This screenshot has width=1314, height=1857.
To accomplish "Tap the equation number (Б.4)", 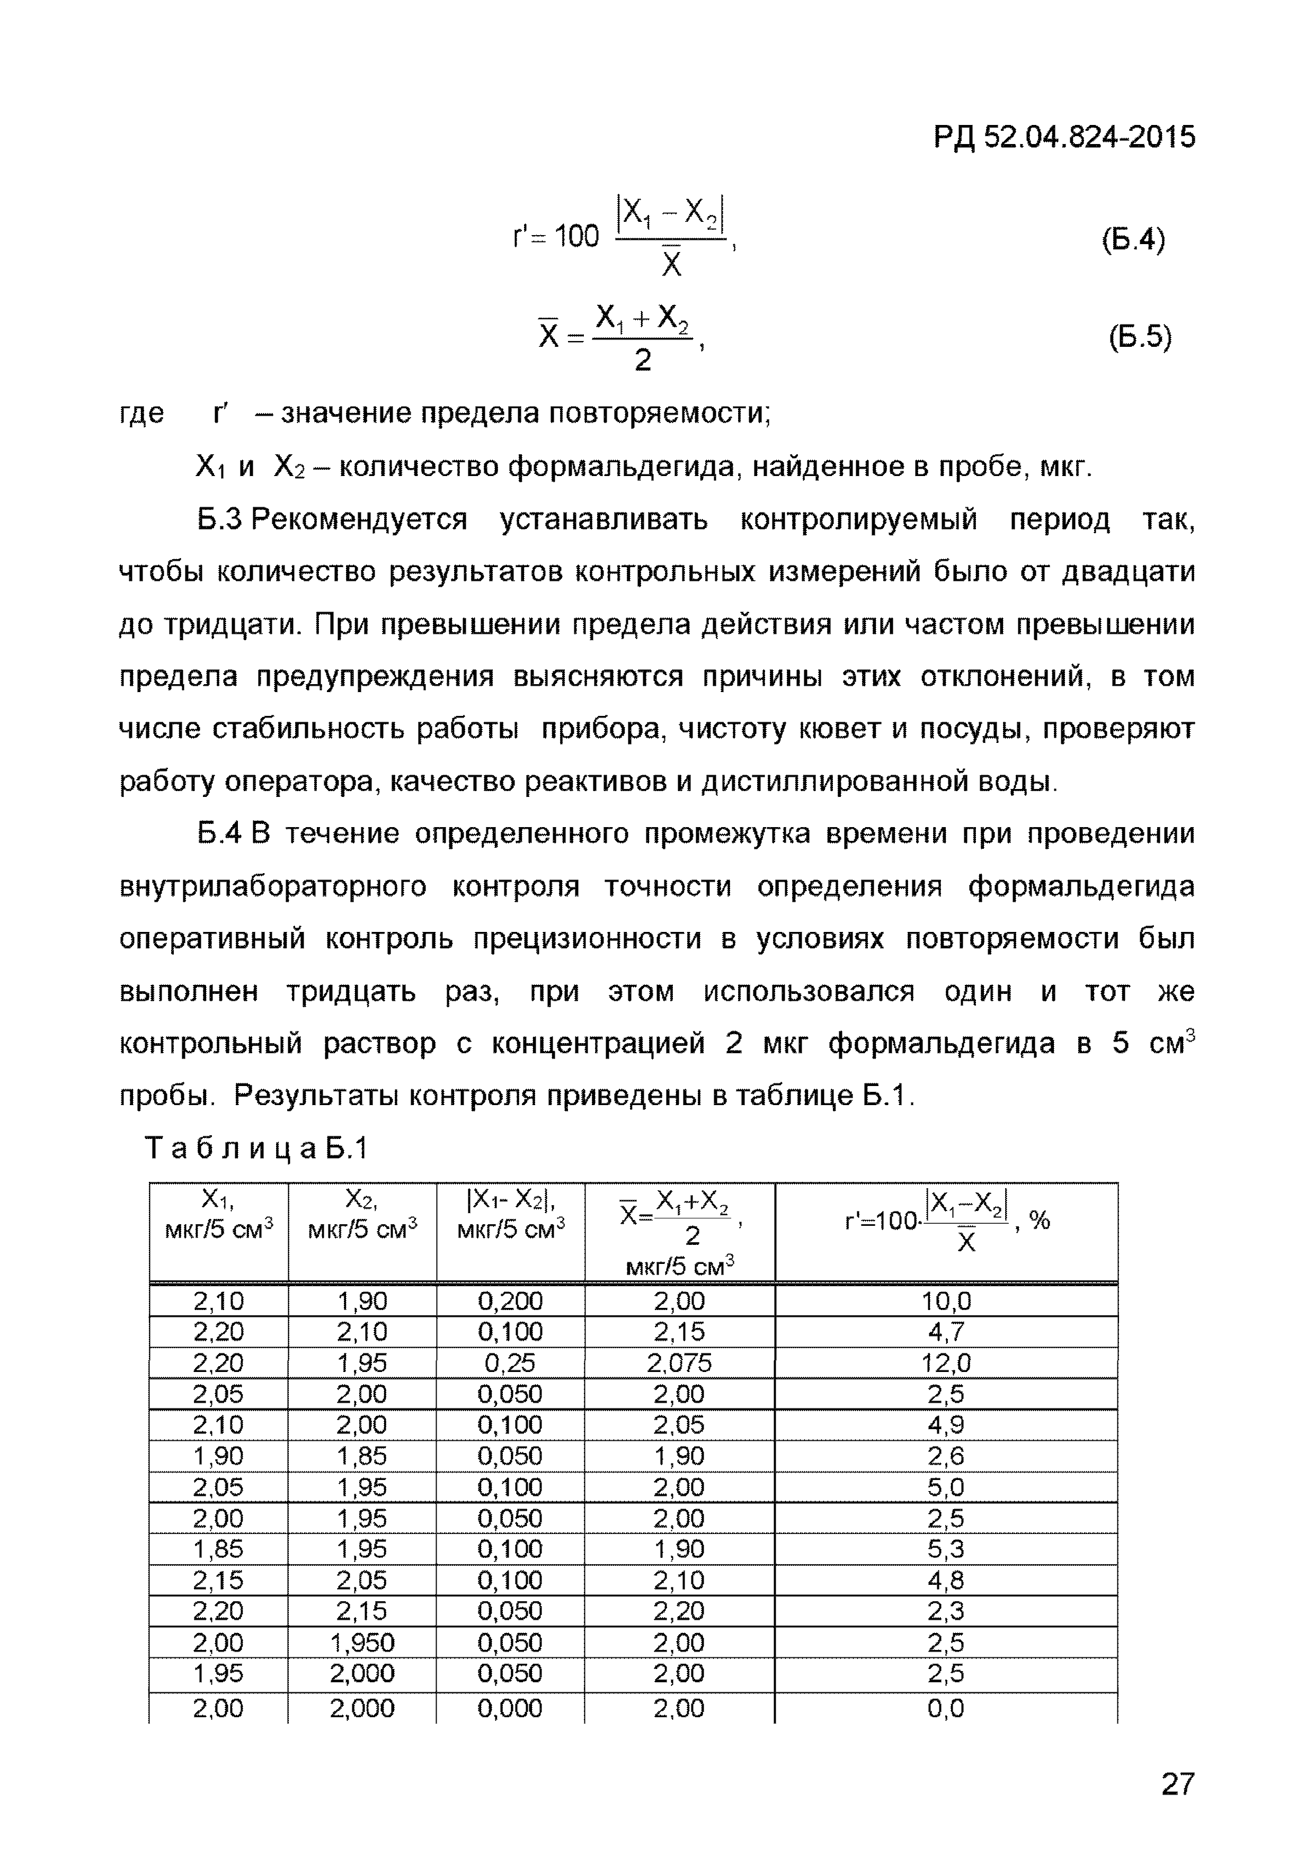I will [x=1133, y=240].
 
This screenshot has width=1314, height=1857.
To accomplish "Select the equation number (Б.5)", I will [x=1139, y=336].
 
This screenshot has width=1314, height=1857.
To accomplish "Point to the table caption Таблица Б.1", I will [x=256, y=1149].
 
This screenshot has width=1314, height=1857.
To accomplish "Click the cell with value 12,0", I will [x=945, y=1363].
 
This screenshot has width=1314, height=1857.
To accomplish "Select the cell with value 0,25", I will [x=510, y=1363].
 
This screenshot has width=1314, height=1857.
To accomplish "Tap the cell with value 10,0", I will [x=945, y=1302].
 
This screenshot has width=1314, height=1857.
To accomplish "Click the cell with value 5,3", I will [x=945, y=1549].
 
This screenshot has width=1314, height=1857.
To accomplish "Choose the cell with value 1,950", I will [x=362, y=1643].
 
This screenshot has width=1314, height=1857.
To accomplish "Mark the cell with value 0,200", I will [x=510, y=1302].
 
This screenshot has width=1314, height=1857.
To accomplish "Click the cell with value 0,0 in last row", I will [x=945, y=1708].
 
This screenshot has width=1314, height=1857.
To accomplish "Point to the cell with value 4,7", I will [x=945, y=1332].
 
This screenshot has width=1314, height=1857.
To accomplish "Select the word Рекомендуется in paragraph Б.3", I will [x=359, y=519].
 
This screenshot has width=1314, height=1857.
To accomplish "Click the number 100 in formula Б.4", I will [x=576, y=237].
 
